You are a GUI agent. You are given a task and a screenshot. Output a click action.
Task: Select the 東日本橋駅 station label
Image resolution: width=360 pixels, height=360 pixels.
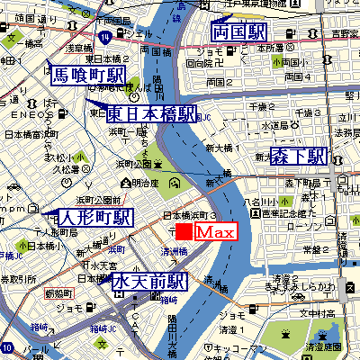[151, 114]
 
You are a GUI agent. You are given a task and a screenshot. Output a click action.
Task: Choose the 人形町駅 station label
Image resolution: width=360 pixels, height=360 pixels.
[94, 218]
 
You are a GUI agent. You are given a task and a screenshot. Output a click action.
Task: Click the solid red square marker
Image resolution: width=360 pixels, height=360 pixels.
[184, 232]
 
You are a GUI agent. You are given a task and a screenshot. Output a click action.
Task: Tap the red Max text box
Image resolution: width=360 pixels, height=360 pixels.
[215, 232]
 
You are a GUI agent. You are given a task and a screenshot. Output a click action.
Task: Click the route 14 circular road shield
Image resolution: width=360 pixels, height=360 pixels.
[106, 37]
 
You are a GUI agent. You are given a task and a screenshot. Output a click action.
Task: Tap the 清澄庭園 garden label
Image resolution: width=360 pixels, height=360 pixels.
[329, 346]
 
